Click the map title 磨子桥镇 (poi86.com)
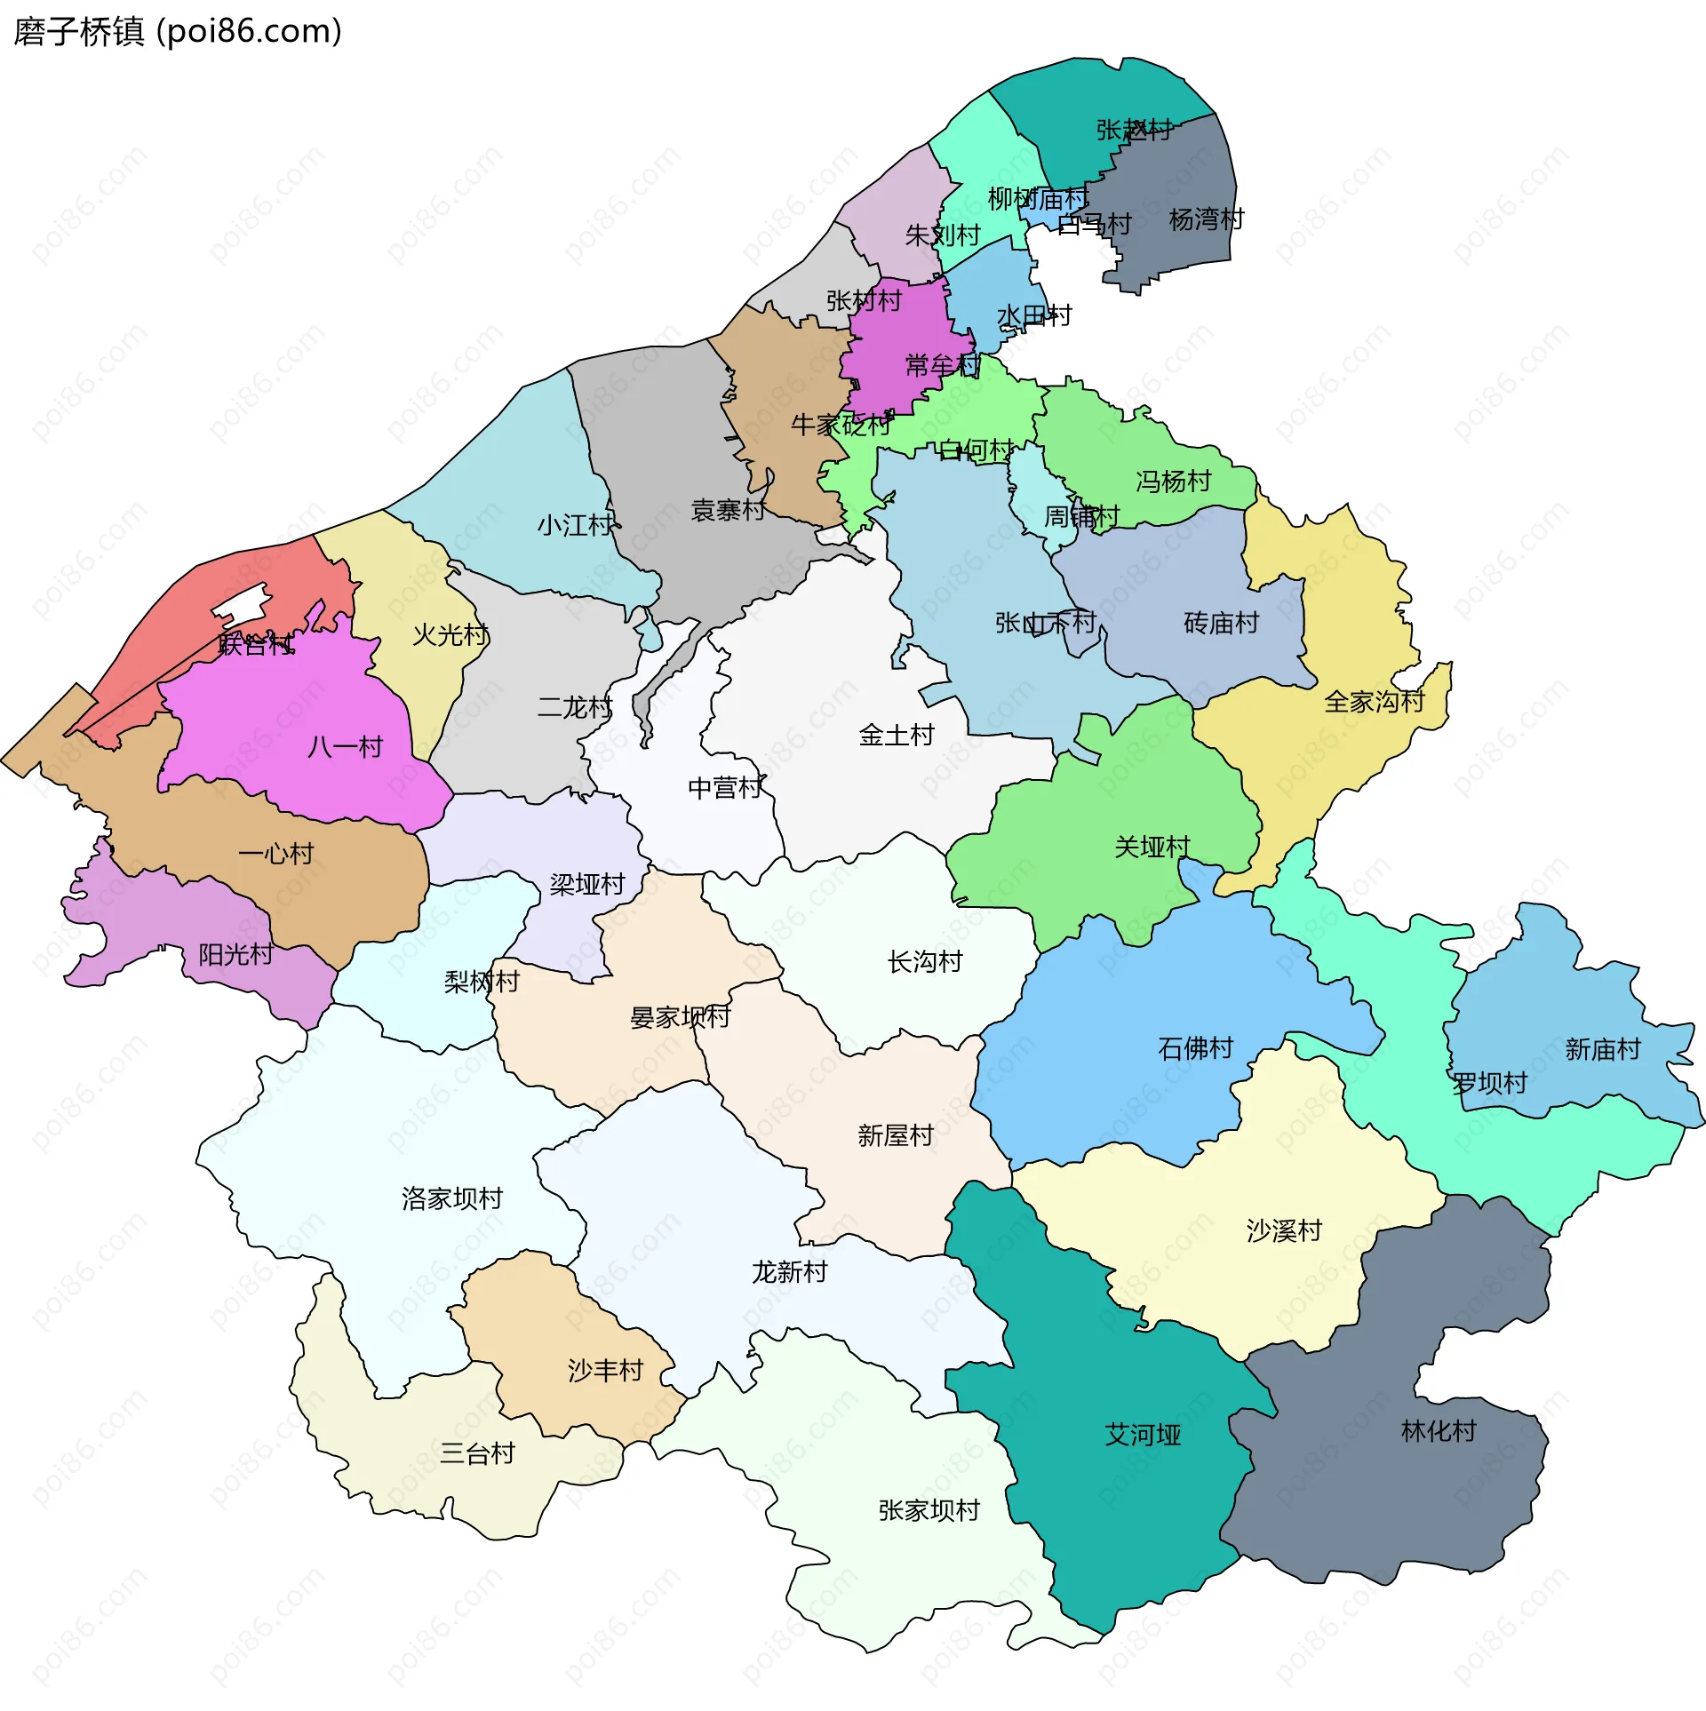pos(178,32)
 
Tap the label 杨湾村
pos(1206,219)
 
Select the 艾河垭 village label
pos(1143,1435)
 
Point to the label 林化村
pos(1438,1430)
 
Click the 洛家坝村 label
pos(451,1198)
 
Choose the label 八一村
pos(345,746)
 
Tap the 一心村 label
pos(275,854)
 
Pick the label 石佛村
pos(1195,1048)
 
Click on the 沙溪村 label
pos(1284,1230)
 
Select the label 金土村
pos(897,735)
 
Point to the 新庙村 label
pos(1602,1049)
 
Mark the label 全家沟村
pos(1374,702)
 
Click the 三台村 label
pos(477,1453)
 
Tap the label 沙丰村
pos(605,1370)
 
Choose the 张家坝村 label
pos(929,1509)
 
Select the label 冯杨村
pos(1173,481)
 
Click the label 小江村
pos(575,525)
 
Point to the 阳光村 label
pos(235,954)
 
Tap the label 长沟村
pos(924,961)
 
